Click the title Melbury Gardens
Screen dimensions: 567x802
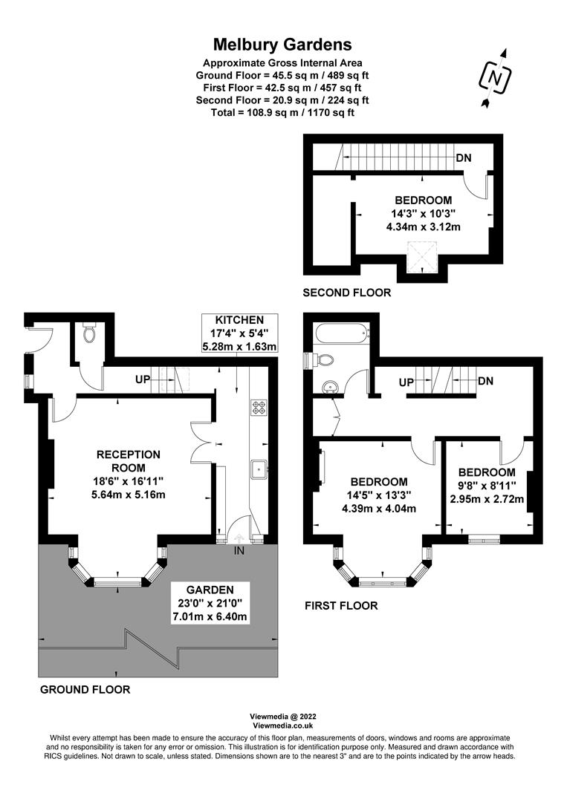click(282, 45)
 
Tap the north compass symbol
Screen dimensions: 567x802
click(495, 78)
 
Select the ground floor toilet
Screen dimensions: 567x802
click(90, 334)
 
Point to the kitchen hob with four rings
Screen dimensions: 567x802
click(258, 407)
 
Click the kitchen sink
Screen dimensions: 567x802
click(259, 469)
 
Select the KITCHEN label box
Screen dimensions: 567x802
click(239, 333)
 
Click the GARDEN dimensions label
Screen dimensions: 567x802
click(210, 603)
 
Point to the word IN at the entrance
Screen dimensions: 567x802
click(239, 551)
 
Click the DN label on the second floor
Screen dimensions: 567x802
click(464, 157)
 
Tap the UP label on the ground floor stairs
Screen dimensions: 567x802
click(143, 379)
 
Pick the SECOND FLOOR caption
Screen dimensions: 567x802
click(347, 293)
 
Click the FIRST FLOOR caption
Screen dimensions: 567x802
click(341, 606)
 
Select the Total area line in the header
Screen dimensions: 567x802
click(282, 113)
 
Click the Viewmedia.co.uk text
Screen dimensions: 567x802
click(282, 726)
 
